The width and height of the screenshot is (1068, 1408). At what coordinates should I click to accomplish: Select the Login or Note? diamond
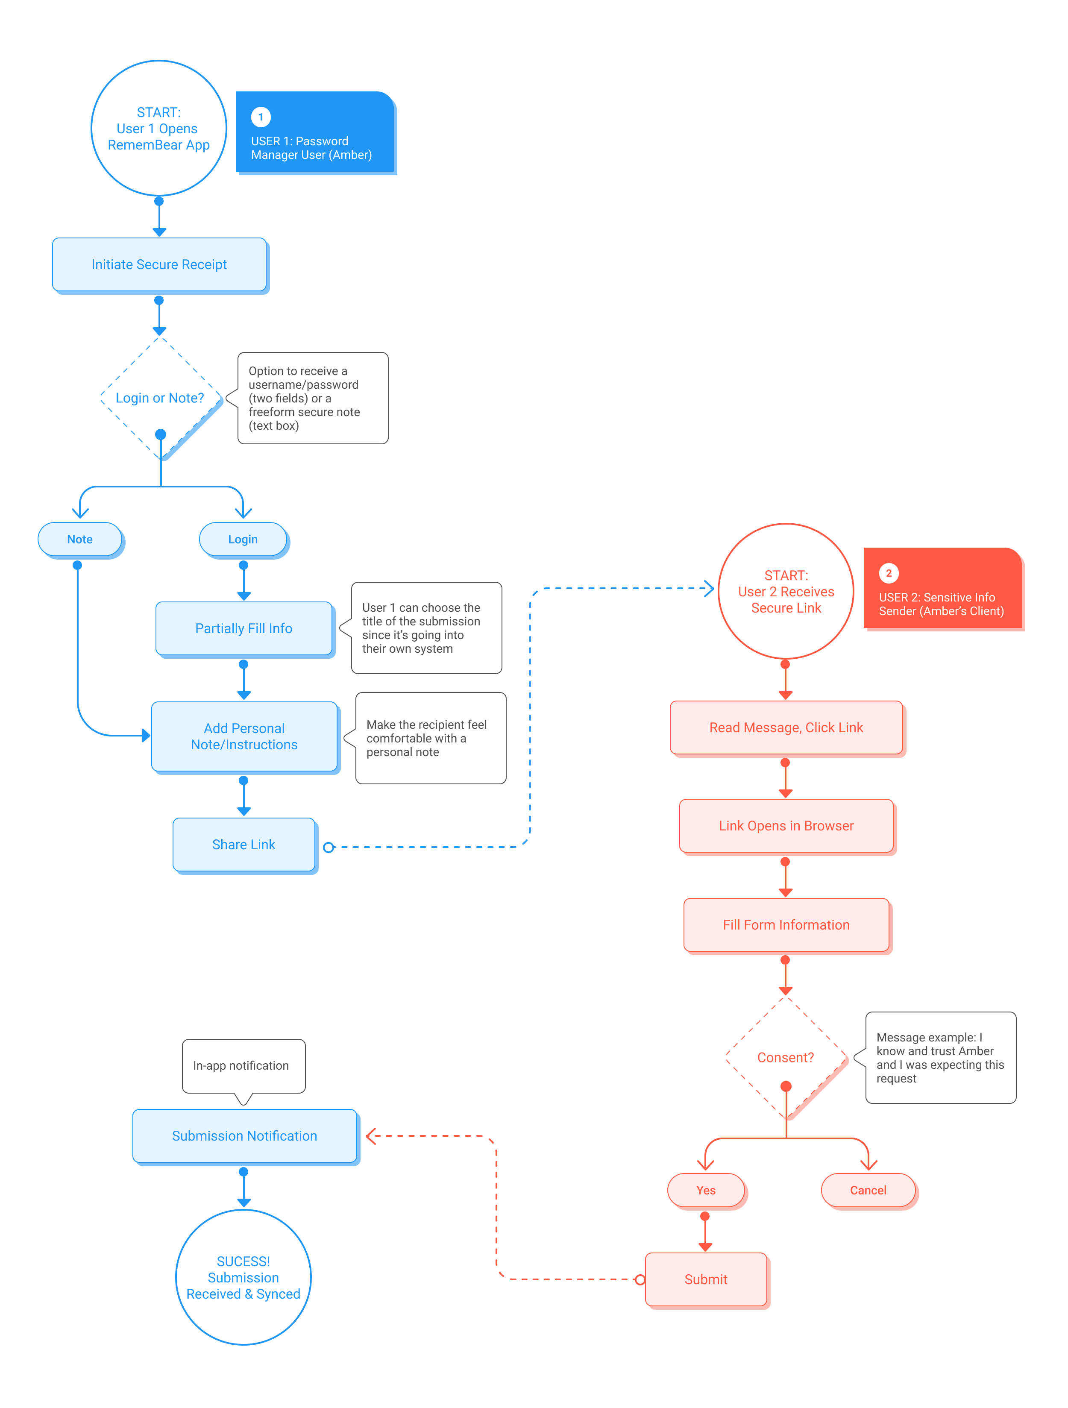coord(160,398)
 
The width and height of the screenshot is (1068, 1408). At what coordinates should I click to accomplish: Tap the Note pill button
coord(79,539)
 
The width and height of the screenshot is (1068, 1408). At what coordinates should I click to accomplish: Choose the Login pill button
coord(243,539)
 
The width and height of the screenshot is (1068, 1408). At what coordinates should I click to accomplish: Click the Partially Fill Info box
coord(244,628)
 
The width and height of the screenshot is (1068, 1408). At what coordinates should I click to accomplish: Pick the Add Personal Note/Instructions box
coord(244,736)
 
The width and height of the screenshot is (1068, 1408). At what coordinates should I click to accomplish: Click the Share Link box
coord(244,845)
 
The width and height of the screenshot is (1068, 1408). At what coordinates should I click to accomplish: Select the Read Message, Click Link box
coord(786,727)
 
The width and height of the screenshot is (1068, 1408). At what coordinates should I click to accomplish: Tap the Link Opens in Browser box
coord(786,826)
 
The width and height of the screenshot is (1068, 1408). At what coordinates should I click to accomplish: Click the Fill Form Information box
coord(786,925)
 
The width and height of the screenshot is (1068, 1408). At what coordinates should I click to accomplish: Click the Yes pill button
coord(705,1190)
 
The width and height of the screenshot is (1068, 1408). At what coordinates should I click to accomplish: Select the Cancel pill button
coord(868,1190)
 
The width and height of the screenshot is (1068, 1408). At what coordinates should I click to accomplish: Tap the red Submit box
coord(705,1279)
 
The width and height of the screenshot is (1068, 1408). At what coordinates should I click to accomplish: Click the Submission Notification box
coord(244,1136)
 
